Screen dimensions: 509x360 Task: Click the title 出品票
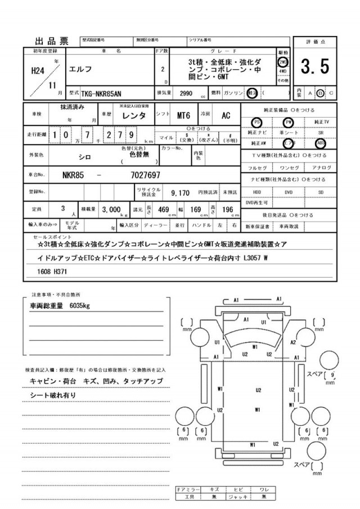(52, 40)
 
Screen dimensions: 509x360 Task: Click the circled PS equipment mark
(258, 122)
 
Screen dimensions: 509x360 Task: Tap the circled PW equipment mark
(289, 122)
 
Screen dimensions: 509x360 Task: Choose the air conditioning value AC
(226, 116)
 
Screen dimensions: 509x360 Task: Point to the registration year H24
(36, 71)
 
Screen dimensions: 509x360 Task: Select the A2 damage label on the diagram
(294, 342)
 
